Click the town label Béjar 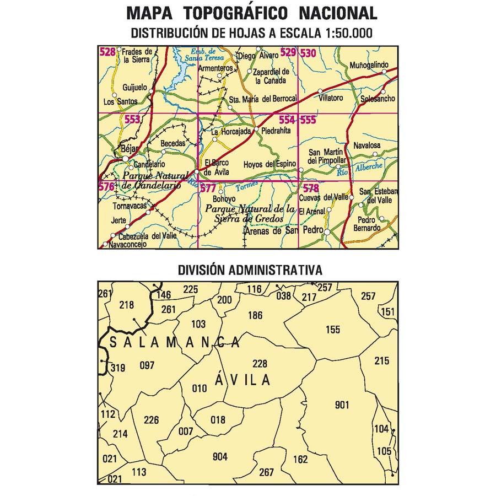pos(128,149)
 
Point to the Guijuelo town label pos(134,88)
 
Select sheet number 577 pos(208,188)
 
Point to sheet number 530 pos(309,53)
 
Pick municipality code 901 pos(342,406)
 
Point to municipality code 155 pos(333,330)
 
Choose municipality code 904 pos(219,456)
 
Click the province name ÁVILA pos(242,380)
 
